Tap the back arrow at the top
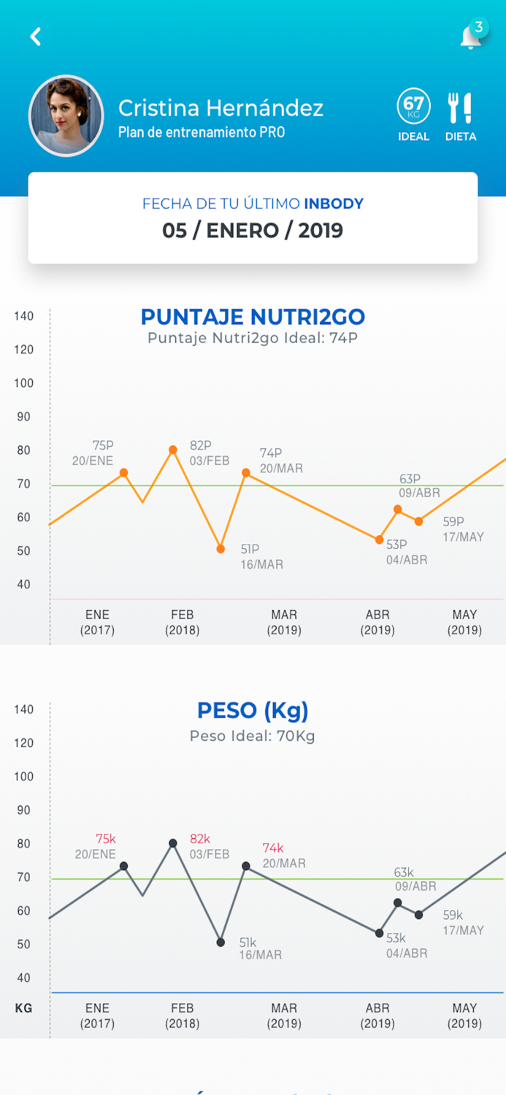(35, 36)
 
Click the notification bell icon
(470, 37)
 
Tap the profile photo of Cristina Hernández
(66, 116)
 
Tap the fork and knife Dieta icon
(460, 108)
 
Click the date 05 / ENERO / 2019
(253, 231)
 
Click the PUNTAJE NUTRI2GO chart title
(253, 317)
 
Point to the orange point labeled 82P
(173, 450)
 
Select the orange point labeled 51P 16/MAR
(221, 548)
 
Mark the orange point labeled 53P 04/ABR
(379, 539)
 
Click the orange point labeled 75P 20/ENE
(123, 472)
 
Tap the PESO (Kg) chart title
(253, 710)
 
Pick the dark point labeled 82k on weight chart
(173, 843)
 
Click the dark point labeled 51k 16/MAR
(221, 942)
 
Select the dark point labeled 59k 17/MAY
(418, 915)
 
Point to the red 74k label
(273, 848)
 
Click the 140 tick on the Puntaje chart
(24, 316)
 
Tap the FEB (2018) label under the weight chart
(182, 1015)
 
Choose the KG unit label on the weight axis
(23, 1008)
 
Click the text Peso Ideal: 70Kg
(253, 736)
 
